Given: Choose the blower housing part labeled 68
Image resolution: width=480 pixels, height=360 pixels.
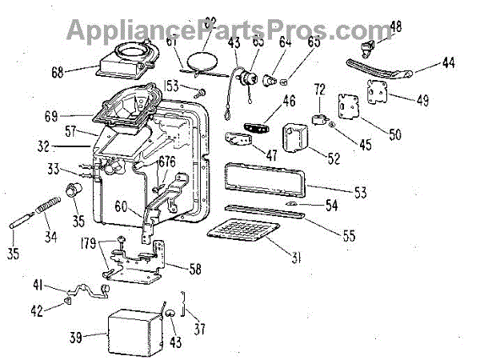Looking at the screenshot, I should coord(125,62).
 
